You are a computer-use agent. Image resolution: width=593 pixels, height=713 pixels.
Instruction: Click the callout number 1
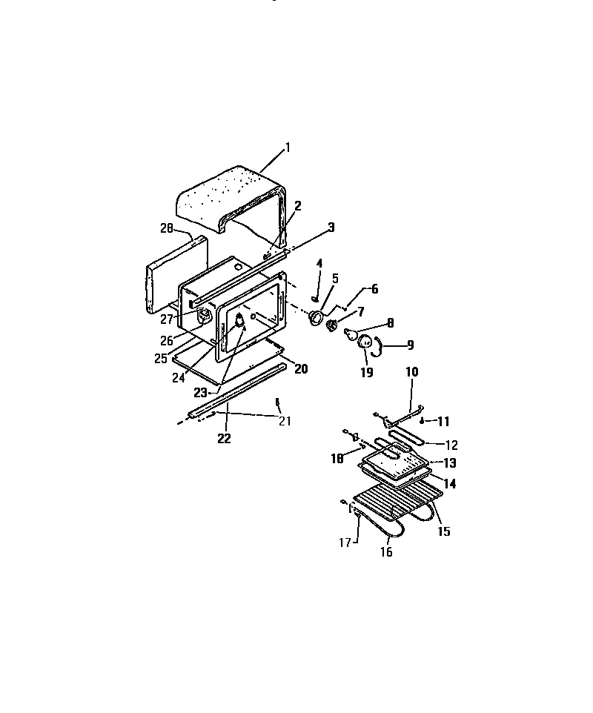(x=288, y=147)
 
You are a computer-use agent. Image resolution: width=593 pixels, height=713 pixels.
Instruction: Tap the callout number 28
(x=166, y=229)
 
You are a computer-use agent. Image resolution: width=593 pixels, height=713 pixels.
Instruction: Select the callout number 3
(x=331, y=227)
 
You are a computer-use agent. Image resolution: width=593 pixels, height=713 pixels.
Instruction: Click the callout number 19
(x=366, y=372)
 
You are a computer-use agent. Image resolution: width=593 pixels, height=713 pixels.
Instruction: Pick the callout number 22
(x=224, y=438)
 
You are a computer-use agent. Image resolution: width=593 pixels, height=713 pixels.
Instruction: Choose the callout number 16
(x=386, y=551)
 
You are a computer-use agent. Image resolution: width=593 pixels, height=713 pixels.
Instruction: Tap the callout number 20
(x=301, y=368)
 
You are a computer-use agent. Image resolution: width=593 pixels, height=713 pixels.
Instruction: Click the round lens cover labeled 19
(x=365, y=342)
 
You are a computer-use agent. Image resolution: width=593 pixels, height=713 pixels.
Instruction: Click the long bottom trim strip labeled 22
(x=237, y=391)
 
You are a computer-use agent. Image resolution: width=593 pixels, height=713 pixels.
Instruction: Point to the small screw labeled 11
(x=421, y=420)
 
